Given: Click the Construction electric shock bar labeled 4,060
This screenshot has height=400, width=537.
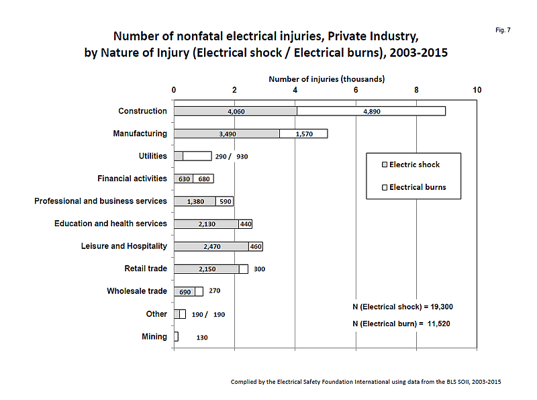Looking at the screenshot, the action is [236, 111].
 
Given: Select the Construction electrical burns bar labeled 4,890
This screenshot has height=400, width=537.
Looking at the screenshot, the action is [371, 111].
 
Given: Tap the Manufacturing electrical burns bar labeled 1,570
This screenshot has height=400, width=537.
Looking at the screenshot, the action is [303, 134].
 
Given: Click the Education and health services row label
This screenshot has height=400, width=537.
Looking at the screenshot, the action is [111, 223].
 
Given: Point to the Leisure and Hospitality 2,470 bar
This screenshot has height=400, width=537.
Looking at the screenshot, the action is [211, 246].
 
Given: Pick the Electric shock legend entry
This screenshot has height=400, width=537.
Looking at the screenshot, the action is [411, 164].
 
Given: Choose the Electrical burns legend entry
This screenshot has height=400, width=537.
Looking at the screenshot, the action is [414, 187].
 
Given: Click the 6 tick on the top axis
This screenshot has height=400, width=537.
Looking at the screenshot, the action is [356, 90].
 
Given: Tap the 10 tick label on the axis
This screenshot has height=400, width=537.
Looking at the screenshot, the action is [477, 90].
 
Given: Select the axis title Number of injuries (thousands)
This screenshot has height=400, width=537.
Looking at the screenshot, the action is [327, 79].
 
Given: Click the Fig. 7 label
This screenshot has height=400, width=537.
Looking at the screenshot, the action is [503, 30].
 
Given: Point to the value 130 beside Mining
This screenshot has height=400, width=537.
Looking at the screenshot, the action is [202, 338].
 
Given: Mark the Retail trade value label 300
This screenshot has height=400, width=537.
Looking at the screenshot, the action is [259, 269].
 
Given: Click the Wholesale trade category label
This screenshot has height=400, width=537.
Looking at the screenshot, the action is [137, 291].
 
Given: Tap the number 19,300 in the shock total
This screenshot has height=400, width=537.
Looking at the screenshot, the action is [442, 307].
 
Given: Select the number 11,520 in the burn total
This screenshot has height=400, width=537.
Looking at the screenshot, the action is [439, 323].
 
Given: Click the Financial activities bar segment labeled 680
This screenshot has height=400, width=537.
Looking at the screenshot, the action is [203, 179].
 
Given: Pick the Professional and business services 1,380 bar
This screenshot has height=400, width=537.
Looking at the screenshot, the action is [195, 201].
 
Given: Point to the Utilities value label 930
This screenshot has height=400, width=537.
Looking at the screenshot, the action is [242, 157].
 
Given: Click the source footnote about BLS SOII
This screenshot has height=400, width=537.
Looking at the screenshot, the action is [366, 382].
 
